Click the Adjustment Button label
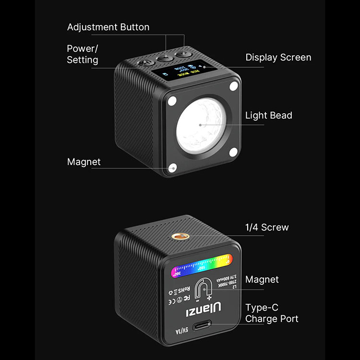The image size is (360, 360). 108,27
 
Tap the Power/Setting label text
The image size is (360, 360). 82,54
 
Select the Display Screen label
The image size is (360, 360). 278,57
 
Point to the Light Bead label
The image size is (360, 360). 268,115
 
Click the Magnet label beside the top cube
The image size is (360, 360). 84,162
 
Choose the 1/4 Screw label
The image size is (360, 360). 267,227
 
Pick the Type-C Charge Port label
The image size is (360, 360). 271,313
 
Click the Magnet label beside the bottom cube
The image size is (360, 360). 262,279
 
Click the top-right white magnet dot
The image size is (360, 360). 234,87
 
